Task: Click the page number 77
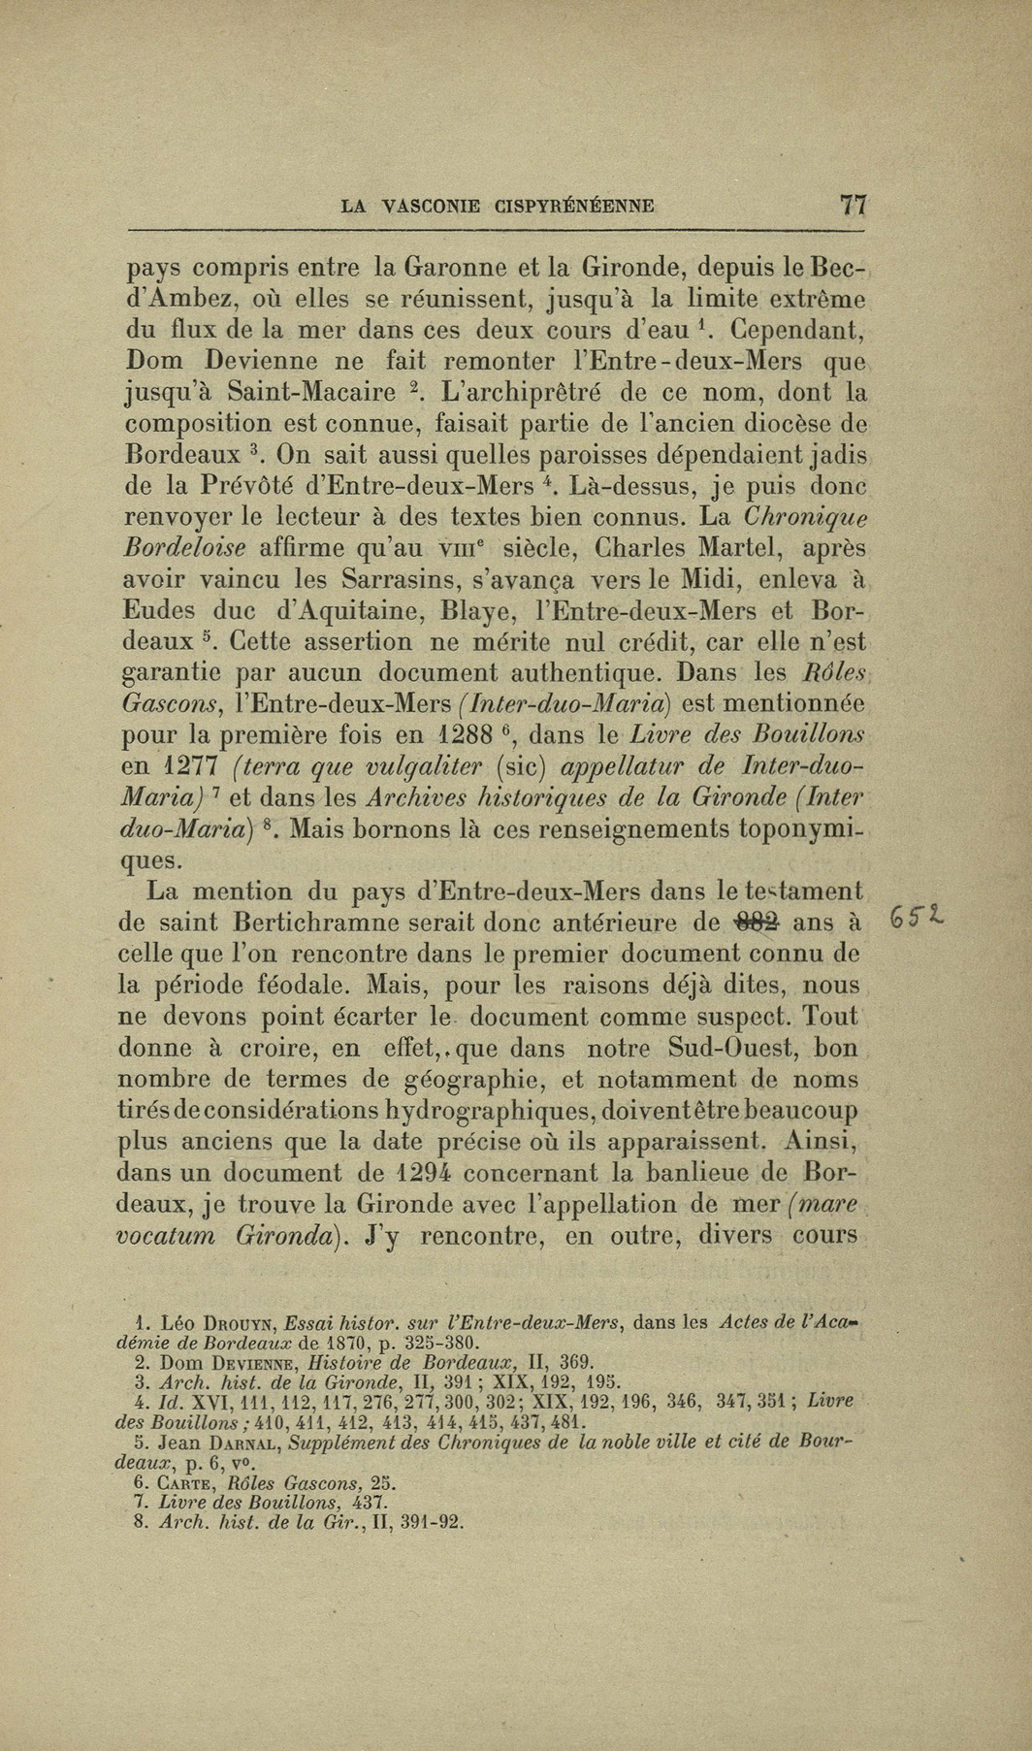point(854,205)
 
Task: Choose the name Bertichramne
point(313,922)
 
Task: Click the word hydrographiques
point(466,1110)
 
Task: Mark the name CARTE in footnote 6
point(187,1483)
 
